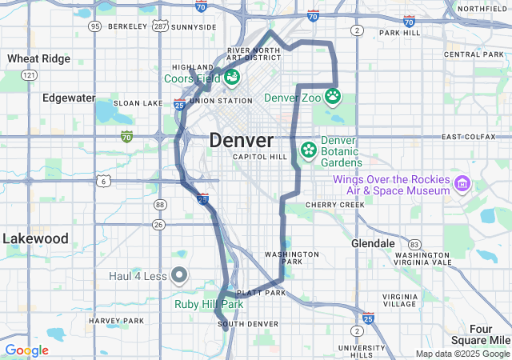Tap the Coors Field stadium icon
click(231, 78)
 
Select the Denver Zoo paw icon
click(332, 98)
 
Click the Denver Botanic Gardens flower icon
click(308, 150)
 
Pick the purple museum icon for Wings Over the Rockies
click(462, 185)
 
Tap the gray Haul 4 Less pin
click(179, 276)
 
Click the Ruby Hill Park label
click(209, 304)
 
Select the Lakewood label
click(35, 238)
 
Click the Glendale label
click(374, 242)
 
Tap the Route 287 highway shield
click(160, 26)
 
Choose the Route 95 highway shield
click(95, 26)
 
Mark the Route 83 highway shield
click(414, 244)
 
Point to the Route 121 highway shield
click(30, 74)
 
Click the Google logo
click(26, 350)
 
